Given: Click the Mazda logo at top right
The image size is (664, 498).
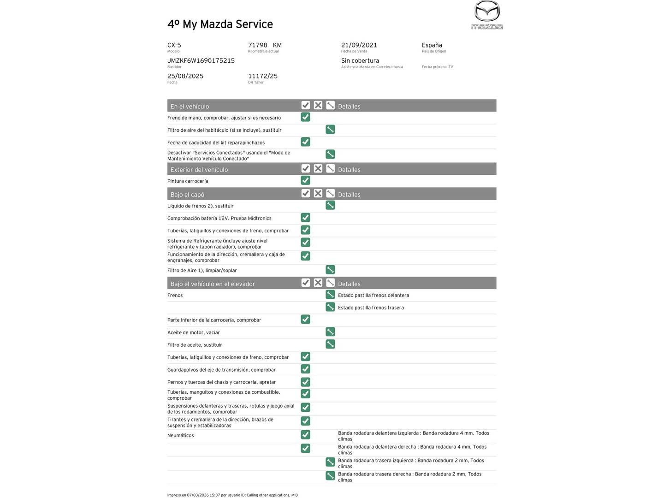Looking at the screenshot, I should [487, 15].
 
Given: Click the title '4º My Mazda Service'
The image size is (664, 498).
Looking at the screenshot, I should [220, 24].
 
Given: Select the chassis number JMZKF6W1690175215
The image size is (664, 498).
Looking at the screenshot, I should [201, 60].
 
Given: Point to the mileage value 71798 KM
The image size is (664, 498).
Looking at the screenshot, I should [265, 45].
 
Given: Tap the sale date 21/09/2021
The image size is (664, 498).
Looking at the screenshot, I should [359, 45].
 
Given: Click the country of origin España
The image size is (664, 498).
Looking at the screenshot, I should [432, 45].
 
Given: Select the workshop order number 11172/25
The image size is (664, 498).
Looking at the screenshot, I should [263, 76].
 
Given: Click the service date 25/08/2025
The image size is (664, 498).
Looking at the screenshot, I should [185, 76].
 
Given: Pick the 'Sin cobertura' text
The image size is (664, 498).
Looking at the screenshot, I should [360, 60].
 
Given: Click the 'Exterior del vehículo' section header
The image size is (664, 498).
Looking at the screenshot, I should [199, 170].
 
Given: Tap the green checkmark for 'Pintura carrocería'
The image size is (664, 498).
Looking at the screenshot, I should [305, 180].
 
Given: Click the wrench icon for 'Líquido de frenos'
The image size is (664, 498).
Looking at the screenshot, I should [330, 205].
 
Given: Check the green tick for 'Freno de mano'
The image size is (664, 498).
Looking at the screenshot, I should [305, 117].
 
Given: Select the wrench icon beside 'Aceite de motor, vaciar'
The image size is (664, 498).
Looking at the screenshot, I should [330, 332].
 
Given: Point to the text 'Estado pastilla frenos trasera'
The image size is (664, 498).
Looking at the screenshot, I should [371, 308].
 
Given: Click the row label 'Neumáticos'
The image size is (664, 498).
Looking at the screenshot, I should [181, 435].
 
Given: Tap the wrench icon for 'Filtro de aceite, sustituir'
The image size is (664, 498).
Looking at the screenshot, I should [330, 344].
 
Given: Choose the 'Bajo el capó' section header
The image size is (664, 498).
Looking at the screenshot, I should [187, 195].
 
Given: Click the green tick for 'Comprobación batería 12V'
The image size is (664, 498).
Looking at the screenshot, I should [305, 218].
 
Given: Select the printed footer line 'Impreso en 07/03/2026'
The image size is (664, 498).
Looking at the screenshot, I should [232, 495].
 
